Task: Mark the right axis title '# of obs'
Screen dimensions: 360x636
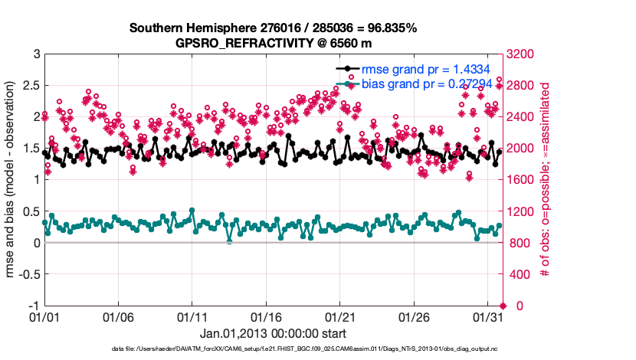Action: [x=546, y=180]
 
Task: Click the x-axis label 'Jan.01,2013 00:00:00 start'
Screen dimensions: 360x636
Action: [x=274, y=333]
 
